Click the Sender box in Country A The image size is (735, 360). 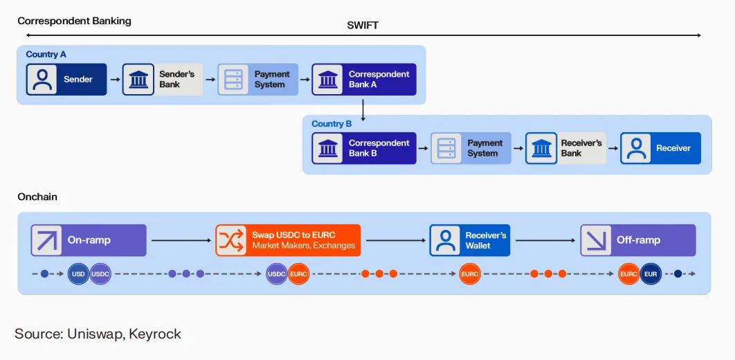point(66,80)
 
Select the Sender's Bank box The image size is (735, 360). point(163,80)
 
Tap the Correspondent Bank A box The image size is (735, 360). point(363,80)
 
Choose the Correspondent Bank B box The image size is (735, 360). point(363,148)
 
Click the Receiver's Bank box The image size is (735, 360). point(565,148)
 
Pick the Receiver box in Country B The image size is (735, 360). point(660,148)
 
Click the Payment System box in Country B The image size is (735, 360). point(471,148)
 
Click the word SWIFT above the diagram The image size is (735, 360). point(363,26)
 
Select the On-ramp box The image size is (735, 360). point(89,240)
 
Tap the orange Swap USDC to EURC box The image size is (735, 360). point(288,240)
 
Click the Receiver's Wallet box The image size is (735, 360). point(469,240)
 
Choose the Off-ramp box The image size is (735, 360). point(637,240)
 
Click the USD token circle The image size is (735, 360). point(78,274)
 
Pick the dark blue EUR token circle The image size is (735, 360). point(651,274)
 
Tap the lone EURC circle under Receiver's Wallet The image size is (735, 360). point(470,274)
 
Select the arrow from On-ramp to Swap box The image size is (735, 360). point(181,240)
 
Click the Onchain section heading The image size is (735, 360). point(37,197)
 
